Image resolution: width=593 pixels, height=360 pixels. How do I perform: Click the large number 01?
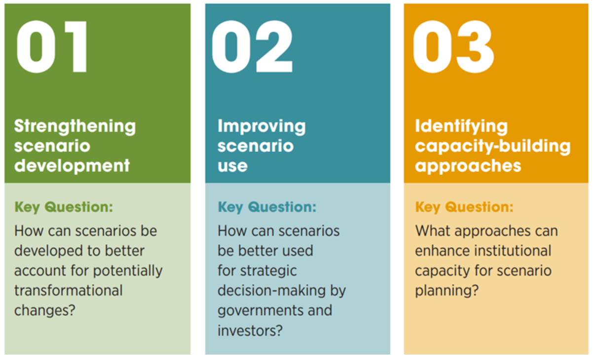52,46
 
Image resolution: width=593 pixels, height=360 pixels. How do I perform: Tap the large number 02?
252,46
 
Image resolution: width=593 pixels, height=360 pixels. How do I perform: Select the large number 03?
453,46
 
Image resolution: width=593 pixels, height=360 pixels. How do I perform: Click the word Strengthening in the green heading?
75,127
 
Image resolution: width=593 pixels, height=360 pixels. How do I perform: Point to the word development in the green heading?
72,166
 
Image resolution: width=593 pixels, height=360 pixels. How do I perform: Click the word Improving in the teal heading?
261,127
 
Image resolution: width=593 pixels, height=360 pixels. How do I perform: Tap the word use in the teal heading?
233,167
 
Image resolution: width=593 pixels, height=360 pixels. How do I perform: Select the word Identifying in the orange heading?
461,127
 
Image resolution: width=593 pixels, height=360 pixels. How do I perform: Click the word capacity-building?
493,146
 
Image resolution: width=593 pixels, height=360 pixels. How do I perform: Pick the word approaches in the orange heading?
468,167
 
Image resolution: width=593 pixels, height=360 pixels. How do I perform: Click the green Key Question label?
64,207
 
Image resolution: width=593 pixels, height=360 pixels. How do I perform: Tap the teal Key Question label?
267,207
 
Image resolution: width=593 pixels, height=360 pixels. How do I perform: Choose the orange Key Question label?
464,207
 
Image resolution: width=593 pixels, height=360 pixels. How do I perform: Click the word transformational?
69,290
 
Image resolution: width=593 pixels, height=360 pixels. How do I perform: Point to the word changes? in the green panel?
45,311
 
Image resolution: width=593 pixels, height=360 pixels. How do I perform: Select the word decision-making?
272,291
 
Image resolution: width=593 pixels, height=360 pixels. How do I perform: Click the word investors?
250,331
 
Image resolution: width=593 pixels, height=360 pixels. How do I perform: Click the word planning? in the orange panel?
447,291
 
